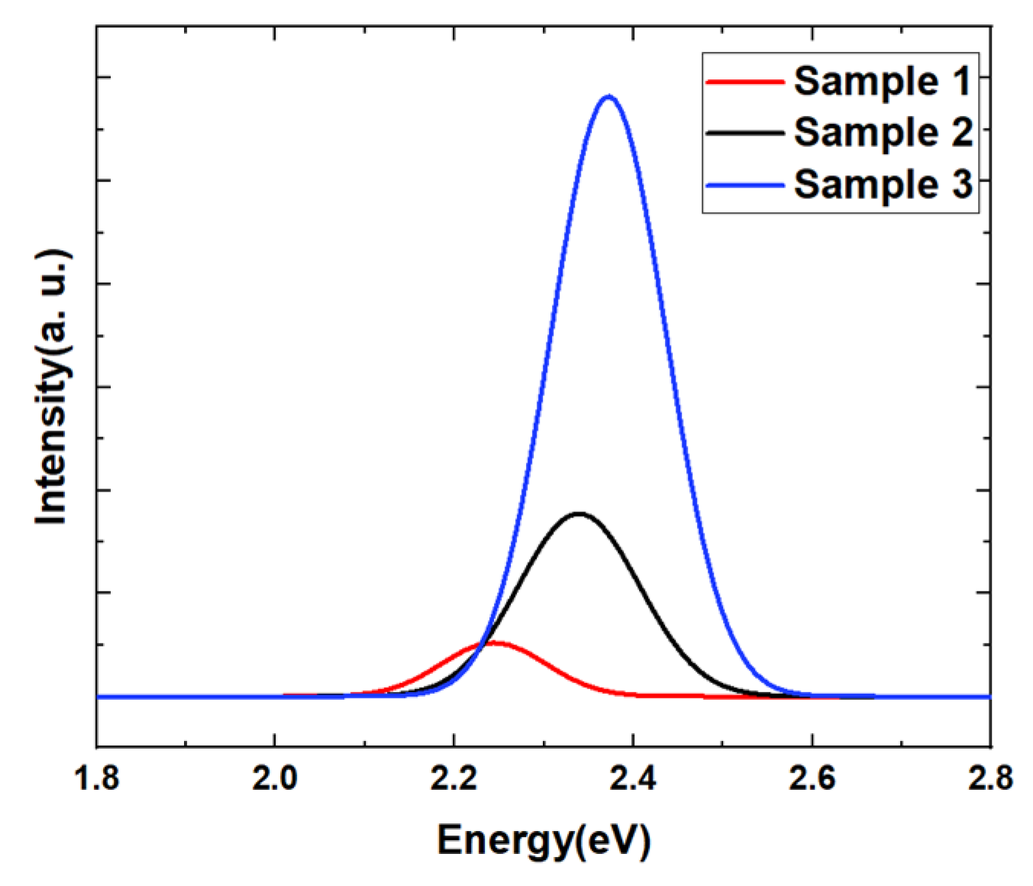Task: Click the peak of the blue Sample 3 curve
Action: point(609,96)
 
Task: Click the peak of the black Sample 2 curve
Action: point(579,514)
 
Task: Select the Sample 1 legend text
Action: point(883,81)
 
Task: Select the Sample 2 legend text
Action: point(883,132)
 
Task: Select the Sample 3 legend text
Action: point(883,184)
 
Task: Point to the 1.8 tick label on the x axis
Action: point(96,778)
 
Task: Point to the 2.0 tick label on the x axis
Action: point(275,778)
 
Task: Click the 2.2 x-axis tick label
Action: point(454,778)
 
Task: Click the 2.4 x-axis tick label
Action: point(633,778)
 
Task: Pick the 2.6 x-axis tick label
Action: point(812,778)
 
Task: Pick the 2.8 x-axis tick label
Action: point(989,778)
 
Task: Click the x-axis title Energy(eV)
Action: point(544,840)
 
